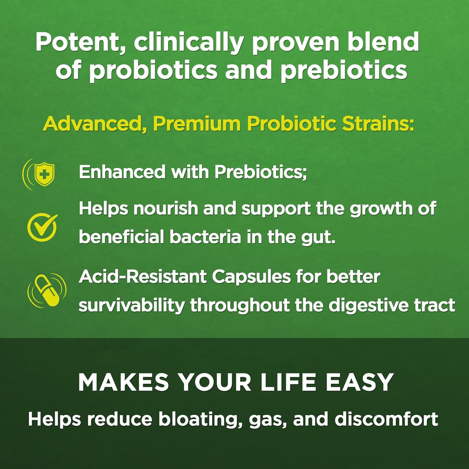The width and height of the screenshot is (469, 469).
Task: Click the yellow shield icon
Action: pos(44,174)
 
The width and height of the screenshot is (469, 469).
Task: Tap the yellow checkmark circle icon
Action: pos(42,227)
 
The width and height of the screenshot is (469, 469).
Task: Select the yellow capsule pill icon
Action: pos(47,290)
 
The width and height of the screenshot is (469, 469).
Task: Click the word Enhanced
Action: pos(122,172)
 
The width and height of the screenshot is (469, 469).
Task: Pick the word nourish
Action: pos(166,208)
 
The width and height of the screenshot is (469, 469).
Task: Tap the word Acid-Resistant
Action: pos(142,277)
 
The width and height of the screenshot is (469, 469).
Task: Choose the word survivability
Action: pos(132,305)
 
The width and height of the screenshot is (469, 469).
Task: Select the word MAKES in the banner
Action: pos(123,382)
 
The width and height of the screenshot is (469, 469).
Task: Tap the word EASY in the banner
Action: pos(359,382)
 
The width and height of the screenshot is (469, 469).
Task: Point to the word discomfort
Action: pos(386,419)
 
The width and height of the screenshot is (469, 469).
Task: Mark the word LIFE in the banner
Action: pos(288,382)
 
